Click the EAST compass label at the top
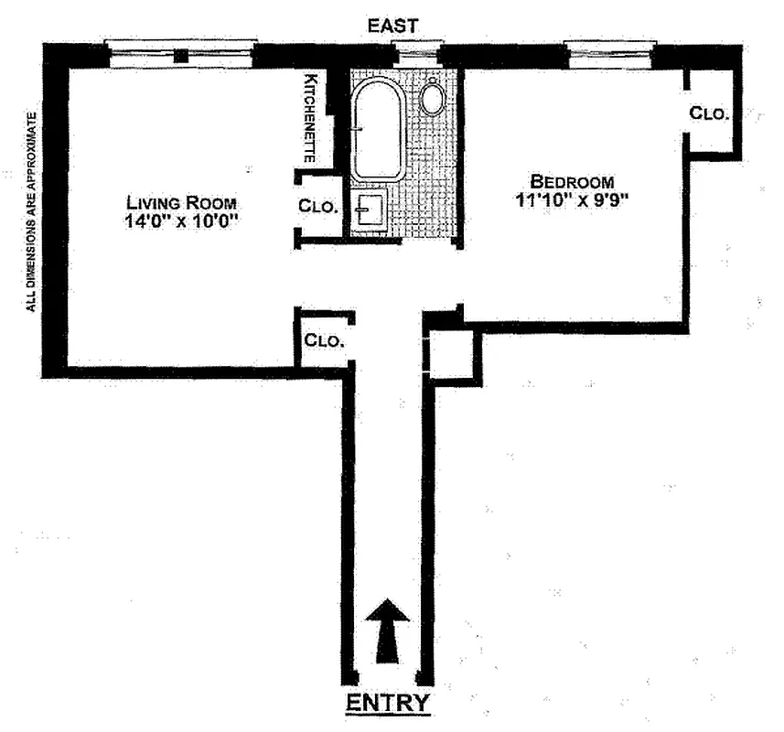pyautogui.click(x=393, y=27)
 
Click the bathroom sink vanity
pyautogui.click(x=370, y=212)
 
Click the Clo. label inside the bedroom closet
pyautogui.click(x=709, y=113)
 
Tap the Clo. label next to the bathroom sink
pyautogui.click(x=318, y=207)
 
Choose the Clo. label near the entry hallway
pyautogui.click(x=324, y=340)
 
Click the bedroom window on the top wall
pyautogui.click(x=609, y=51)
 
